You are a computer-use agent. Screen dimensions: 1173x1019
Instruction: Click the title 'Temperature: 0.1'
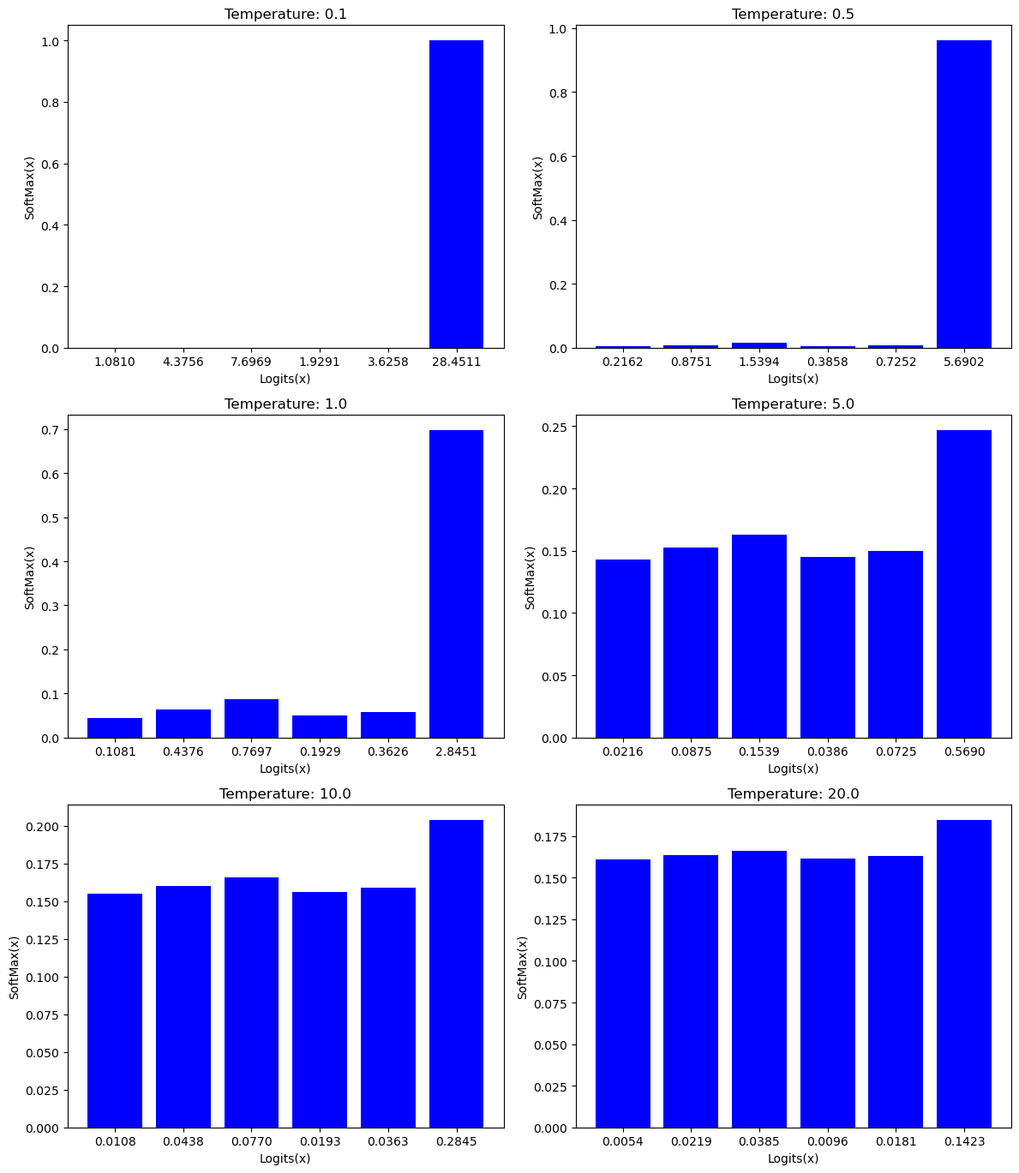285,15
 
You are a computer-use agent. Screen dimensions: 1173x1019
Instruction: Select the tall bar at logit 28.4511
456,195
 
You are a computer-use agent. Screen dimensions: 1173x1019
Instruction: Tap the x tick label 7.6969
251,362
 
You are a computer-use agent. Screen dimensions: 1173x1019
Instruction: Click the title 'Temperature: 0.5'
793,15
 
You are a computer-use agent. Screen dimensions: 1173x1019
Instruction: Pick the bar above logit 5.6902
963,195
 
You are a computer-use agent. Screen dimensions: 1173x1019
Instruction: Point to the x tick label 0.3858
827,362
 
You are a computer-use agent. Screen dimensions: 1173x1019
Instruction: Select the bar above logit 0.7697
251,719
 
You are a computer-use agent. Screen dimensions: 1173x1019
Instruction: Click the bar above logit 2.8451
456,584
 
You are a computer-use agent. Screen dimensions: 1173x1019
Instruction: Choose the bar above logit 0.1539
758,637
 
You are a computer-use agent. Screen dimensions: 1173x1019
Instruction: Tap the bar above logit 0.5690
963,584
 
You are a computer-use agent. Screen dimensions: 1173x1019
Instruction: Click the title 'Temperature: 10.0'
285,794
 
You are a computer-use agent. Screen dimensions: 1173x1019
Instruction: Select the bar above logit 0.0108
115,1011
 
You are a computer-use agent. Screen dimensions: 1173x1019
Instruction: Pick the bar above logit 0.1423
963,974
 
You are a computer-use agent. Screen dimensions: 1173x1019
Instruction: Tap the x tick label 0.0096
827,1142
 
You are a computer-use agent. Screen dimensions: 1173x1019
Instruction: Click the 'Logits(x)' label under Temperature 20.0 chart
793,1158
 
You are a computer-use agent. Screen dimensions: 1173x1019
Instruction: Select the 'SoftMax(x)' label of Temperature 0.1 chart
30,188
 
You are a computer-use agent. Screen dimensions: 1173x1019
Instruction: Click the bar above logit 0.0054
622,994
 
